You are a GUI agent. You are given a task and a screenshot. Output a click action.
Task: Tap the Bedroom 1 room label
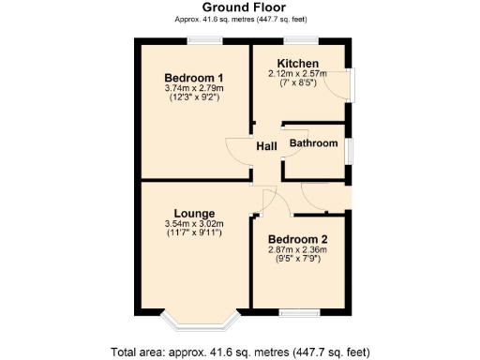coord(193,77)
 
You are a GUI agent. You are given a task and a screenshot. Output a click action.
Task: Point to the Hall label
coord(266,146)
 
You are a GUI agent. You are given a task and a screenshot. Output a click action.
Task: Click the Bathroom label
coord(313,143)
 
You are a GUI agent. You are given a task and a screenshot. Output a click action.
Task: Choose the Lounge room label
coord(193,213)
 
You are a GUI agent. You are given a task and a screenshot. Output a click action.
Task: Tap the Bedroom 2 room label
coord(297,239)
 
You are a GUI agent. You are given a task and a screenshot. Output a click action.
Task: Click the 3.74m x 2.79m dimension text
coord(193,88)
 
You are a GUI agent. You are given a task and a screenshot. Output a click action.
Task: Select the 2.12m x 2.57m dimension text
coord(296,73)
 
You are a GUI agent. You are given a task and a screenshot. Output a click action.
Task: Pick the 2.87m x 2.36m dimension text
coord(297,250)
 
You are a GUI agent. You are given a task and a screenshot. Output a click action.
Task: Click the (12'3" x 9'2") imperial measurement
coord(193,97)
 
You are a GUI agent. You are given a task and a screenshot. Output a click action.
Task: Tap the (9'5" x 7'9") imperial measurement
coord(297,260)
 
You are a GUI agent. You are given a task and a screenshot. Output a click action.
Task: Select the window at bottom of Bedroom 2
coord(304,311)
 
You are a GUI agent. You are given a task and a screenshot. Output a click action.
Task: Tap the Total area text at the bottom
coord(240,352)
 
